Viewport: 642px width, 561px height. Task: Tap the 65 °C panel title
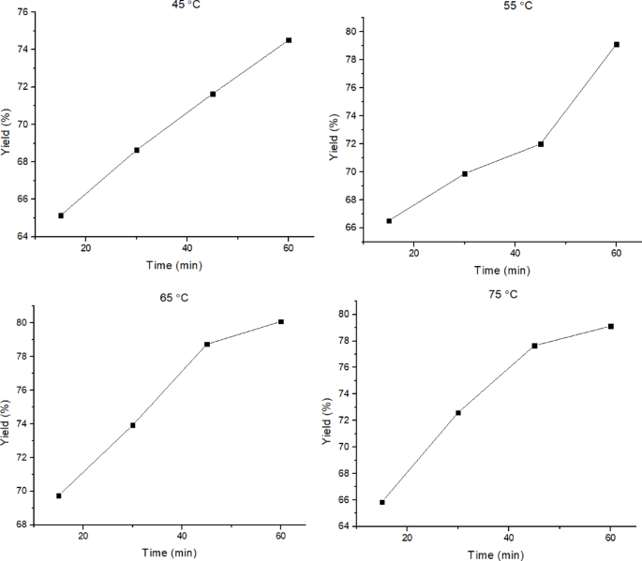[174, 297]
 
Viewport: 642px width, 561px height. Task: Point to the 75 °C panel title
[502, 294]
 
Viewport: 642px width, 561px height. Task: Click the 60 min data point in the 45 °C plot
[289, 40]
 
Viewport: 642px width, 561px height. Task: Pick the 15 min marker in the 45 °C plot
[61, 215]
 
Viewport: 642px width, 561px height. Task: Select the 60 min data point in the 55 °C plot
[617, 44]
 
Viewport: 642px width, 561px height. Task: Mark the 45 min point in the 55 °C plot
[541, 144]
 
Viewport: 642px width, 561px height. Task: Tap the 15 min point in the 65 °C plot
[59, 495]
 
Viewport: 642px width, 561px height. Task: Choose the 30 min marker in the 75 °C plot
[458, 412]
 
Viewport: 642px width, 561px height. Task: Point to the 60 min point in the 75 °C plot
[610, 326]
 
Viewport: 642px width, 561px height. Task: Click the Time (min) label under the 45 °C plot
[173, 265]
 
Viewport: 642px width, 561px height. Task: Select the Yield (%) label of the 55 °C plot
[335, 138]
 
